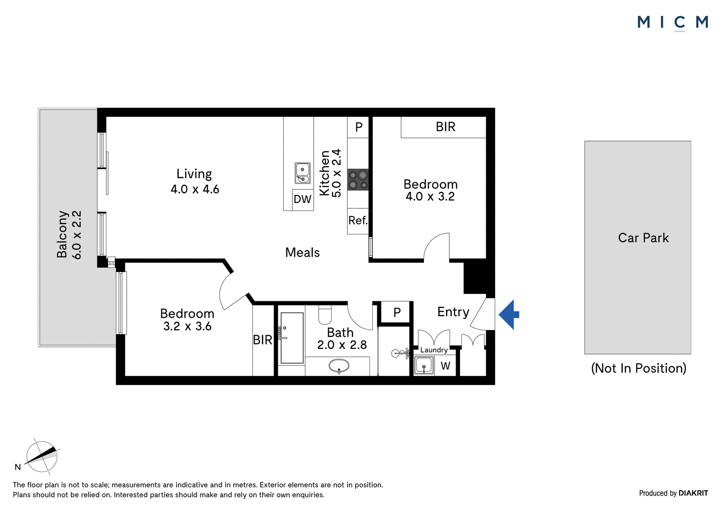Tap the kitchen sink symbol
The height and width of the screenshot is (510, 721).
[x=302, y=173]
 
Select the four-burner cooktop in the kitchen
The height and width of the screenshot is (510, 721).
[x=358, y=180]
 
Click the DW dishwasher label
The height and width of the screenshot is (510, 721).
[x=302, y=199]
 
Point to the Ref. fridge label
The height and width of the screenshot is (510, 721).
[x=358, y=221]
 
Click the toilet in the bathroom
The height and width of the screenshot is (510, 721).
[x=325, y=314]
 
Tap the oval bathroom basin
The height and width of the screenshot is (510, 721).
[x=339, y=366]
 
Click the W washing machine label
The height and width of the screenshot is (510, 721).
[x=446, y=366]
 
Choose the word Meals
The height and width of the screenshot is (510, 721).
[x=302, y=253]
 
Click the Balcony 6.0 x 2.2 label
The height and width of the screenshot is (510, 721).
[x=69, y=234]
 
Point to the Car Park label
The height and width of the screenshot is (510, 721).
[x=643, y=238]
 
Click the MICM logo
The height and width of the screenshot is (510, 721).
[x=673, y=23]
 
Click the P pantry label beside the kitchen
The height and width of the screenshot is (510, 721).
[x=359, y=127]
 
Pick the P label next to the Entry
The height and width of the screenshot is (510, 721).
[x=397, y=312]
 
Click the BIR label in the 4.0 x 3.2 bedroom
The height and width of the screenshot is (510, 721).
[x=446, y=127]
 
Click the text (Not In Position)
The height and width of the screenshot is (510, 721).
[x=639, y=368]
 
